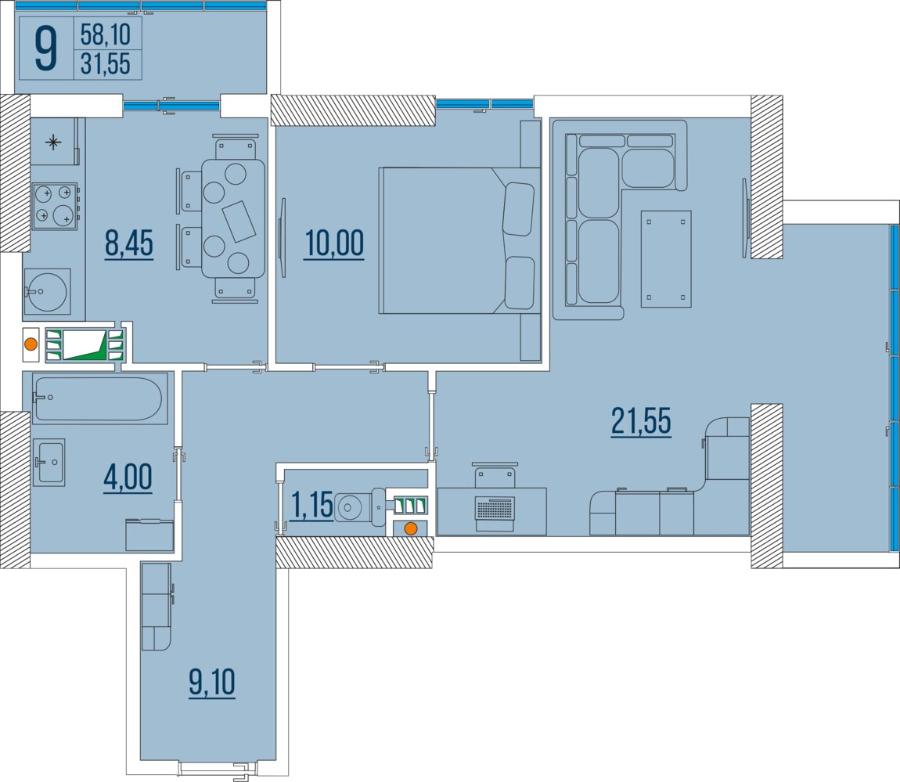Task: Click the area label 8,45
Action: tap(129, 243)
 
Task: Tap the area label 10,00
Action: tap(334, 243)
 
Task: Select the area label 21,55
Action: tap(640, 420)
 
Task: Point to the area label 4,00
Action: tap(128, 477)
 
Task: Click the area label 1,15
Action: tap(312, 505)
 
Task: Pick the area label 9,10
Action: tap(212, 682)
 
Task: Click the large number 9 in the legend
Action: tap(46, 49)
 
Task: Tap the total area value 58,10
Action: tap(106, 34)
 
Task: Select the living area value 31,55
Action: tap(106, 63)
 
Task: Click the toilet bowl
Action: tap(360, 507)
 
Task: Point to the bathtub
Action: tap(98, 398)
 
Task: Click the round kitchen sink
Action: tap(46, 292)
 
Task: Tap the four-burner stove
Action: tap(55, 206)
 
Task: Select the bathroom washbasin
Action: tap(49, 462)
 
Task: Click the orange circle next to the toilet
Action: tap(410, 529)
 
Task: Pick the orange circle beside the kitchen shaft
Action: tap(31, 345)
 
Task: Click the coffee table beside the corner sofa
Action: tap(666, 259)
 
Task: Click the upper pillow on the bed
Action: tap(518, 209)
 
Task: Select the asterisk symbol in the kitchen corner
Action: tap(53, 142)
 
